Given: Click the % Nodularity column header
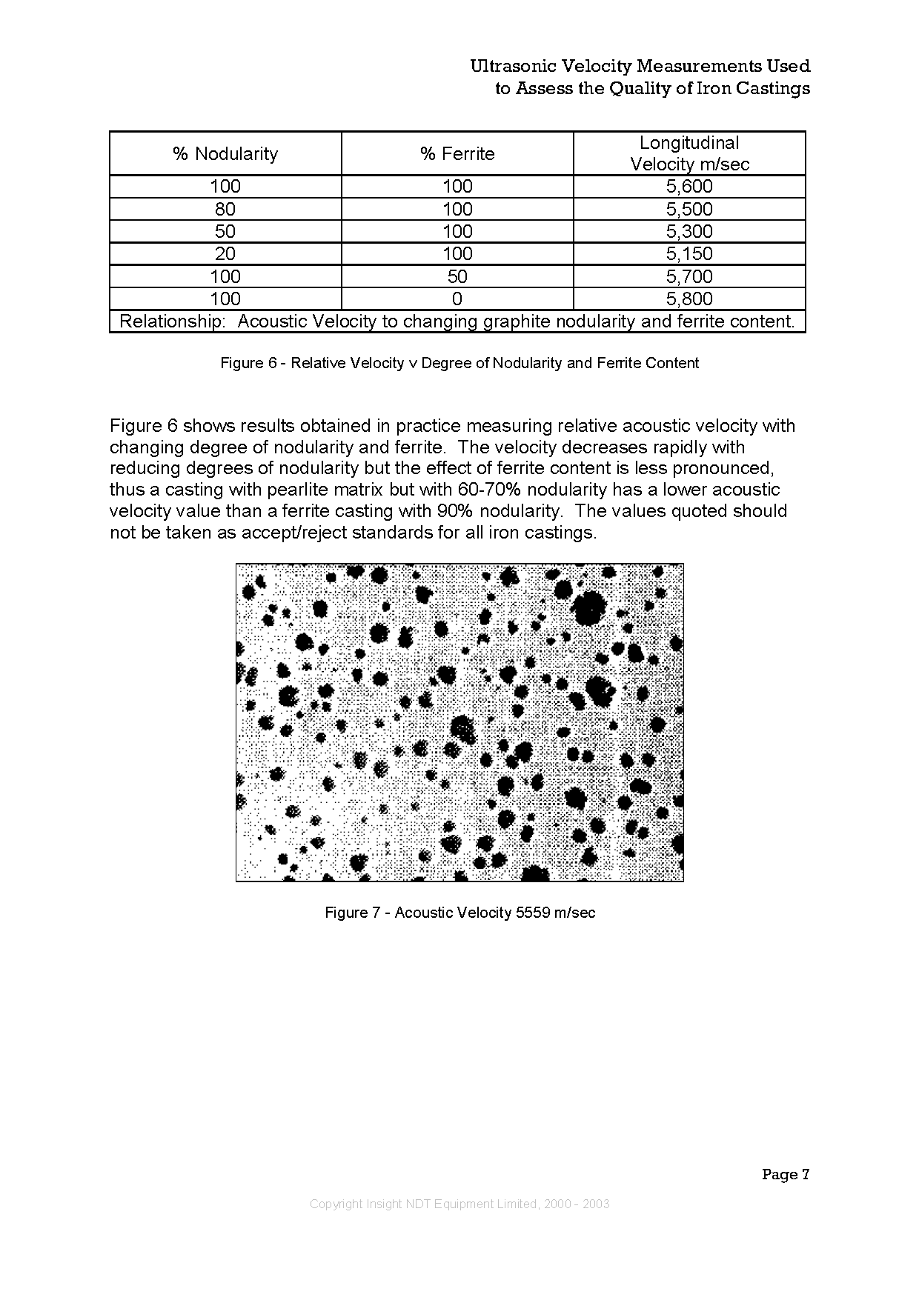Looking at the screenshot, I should [225, 154].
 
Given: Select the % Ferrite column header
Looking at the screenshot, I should [457, 154].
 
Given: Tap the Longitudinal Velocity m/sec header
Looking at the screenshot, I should [689, 153].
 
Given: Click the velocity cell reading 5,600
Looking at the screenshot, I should [689, 187].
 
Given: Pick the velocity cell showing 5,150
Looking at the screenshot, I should [689, 254].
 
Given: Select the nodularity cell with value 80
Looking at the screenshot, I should [225, 210].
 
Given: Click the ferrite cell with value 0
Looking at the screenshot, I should [457, 299].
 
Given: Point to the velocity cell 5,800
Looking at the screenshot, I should [689, 299].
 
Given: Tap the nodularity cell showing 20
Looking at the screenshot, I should [225, 254].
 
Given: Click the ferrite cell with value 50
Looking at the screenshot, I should [457, 277].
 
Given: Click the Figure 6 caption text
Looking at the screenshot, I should [459, 363].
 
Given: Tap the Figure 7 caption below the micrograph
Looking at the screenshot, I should [459, 913].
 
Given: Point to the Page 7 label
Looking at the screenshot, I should [785, 1174].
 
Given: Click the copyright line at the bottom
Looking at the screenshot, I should [459, 1204].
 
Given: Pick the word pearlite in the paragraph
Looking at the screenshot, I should [299, 490].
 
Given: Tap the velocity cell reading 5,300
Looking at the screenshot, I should [689, 232].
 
